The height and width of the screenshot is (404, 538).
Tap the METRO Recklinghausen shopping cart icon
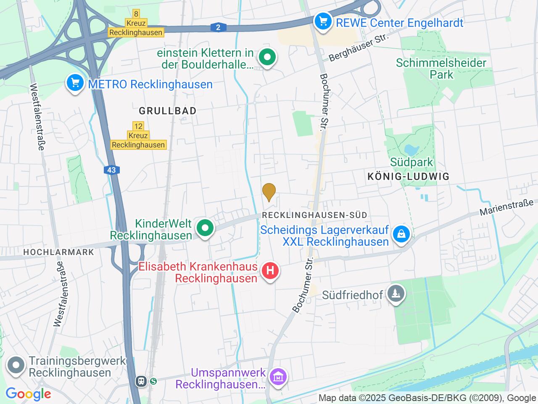click(75, 83)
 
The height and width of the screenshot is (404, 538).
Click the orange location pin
click(269, 192)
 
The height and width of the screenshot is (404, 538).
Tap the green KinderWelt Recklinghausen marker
click(205, 229)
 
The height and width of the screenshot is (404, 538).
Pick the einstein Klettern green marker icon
click(267, 58)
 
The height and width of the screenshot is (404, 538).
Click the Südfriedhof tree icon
click(396, 293)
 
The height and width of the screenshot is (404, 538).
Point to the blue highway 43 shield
click(111, 170)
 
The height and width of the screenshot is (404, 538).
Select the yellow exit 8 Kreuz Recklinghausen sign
click(135, 23)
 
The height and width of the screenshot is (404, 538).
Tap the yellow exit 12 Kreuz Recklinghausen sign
click(138, 136)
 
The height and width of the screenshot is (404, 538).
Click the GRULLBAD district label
click(168, 111)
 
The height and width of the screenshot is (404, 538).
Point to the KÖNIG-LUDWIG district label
click(409, 177)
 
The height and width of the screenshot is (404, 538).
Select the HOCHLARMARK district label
click(58, 252)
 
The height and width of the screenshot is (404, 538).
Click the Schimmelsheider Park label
click(441, 69)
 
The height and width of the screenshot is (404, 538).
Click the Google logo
click(28, 394)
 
